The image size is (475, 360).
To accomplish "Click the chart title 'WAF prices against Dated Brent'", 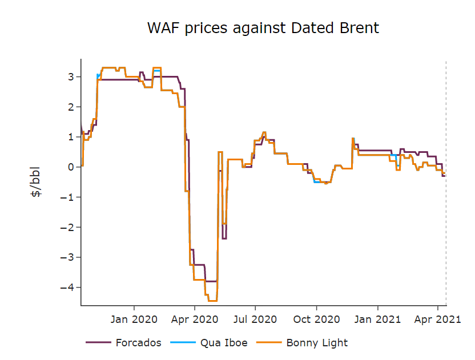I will [263, 27].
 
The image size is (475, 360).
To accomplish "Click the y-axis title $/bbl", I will [36, 183].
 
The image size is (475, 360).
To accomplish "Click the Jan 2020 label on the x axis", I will [134, 319].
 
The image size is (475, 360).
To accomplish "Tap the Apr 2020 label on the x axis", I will [195, 319].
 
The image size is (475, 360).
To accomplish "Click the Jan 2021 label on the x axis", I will [378, 319].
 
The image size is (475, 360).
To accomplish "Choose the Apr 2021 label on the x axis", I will [438, 319].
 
